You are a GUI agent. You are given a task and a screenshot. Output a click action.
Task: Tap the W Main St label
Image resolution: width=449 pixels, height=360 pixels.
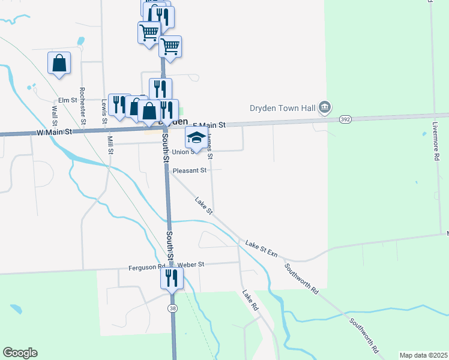[x=54, y=131]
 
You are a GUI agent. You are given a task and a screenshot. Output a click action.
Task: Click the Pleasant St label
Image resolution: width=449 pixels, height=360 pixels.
[x=190, y=170]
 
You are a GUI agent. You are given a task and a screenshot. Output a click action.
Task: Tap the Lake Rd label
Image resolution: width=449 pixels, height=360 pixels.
[x=250, y=300]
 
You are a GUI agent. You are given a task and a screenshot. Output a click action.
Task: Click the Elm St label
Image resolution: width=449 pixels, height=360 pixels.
[x=68, y=100]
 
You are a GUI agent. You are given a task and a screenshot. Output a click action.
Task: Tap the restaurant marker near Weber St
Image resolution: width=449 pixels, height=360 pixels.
[x=172, y=278]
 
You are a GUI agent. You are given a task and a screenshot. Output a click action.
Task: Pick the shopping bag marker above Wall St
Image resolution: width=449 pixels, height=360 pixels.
[x=59, y=63]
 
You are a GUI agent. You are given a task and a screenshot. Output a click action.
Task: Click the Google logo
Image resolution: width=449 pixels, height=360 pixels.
[x=20, y=353]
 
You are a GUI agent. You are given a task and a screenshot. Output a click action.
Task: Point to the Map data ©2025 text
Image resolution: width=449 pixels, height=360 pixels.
[x=423, y=355]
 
